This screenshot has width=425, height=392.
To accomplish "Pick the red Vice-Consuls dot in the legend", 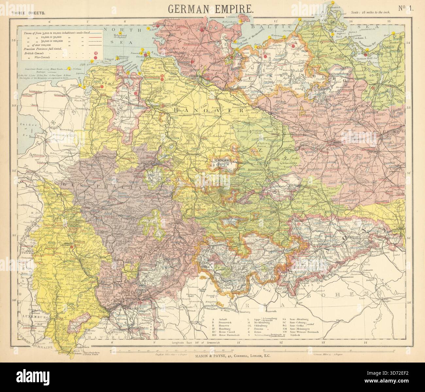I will [95, 58].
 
